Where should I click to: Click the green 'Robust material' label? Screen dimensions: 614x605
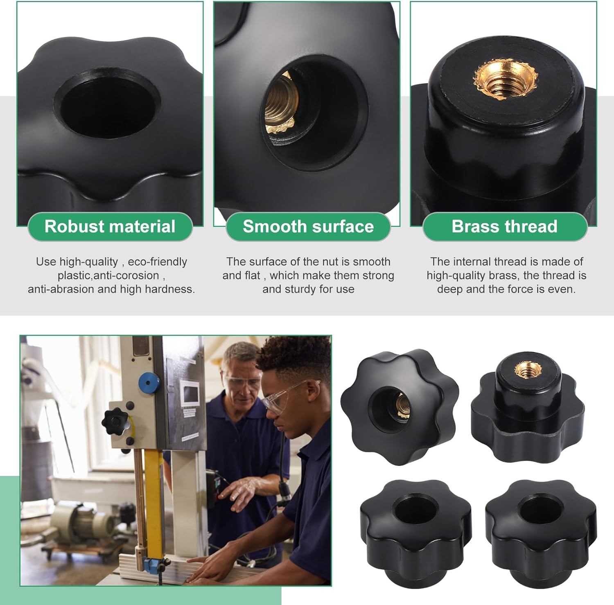point(110,227)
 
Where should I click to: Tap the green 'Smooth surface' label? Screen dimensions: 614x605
point(308,227)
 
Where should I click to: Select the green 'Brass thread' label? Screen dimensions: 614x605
point(505,227)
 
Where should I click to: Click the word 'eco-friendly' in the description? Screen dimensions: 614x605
point(158,262)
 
